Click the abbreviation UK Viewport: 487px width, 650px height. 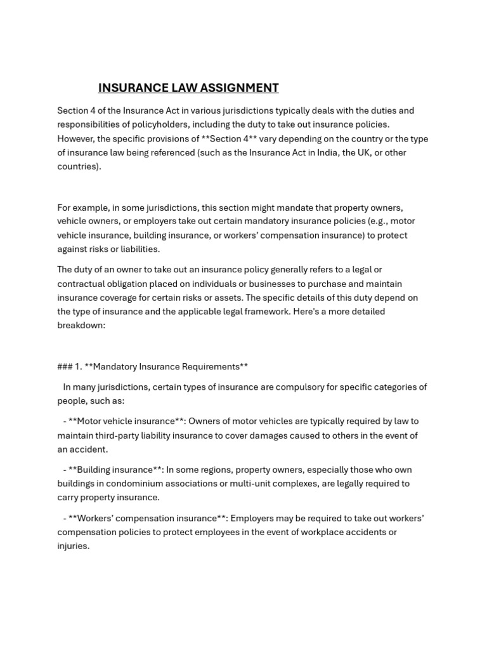click(363, 152)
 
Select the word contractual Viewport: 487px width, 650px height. click(84, 284)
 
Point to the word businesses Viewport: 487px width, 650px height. click(278, 284)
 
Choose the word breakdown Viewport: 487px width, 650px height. click(81, 325)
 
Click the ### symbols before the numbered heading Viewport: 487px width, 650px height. click(65, 366)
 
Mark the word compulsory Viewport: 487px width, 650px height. click(295, 387)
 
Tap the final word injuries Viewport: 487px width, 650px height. click(73, 546)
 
